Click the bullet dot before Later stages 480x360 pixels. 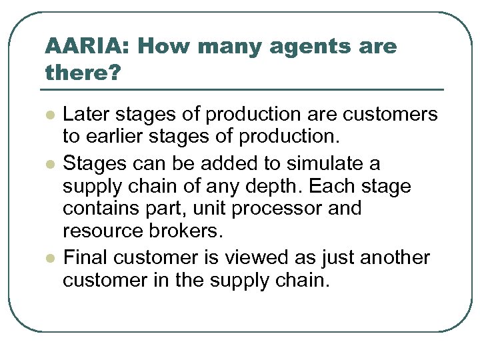tap(49, 115)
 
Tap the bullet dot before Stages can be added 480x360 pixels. tap(49, 163)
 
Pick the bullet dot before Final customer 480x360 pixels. tap(49, 257)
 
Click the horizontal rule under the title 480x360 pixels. tap(244, 89)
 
